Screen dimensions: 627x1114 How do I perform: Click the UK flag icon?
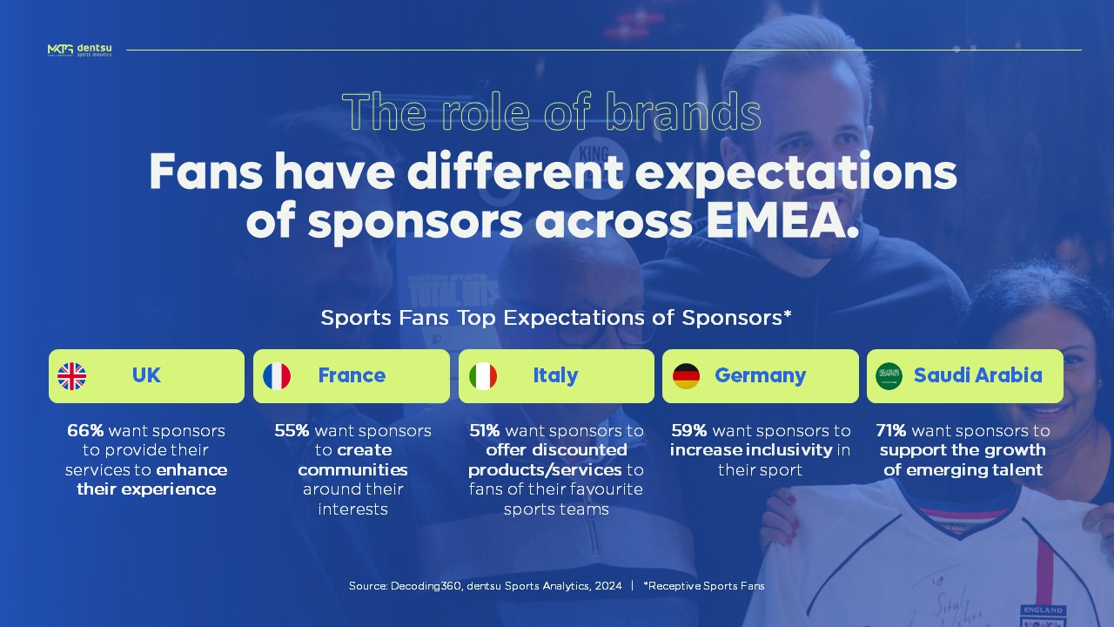click(72, 376)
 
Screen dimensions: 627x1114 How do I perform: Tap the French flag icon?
click(277, 376)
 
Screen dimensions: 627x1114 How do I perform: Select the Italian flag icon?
click(483, 376)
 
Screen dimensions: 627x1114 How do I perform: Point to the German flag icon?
click(686, 376)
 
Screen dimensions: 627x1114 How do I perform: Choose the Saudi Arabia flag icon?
click(889, 376)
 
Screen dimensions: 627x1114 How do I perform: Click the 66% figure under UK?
click(85, 431)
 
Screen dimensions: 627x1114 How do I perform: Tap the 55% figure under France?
click(292, 431)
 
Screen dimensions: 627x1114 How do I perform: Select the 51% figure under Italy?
click(485, 431)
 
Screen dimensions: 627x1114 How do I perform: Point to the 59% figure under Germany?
click(688, 431)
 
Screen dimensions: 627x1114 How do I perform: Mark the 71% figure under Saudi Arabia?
click(891, 431)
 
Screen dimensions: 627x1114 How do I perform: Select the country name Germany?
click(760, 375)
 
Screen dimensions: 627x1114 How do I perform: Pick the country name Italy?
click(555, 375)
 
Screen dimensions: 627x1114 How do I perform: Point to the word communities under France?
click(352, 470)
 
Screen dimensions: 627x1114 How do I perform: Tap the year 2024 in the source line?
click(608, 586)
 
